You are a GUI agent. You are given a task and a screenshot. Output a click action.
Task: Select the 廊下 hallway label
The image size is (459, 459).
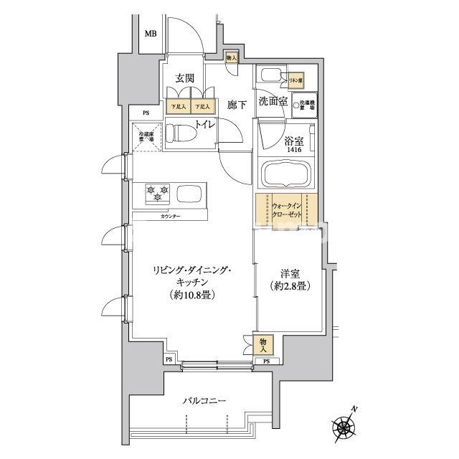pos(237,105)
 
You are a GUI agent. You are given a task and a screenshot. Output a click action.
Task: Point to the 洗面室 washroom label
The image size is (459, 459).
pos(273,102)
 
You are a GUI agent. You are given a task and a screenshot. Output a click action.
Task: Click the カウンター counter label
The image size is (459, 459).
pos(170,217)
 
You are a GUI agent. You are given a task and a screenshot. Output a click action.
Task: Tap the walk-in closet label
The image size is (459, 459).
pos(287,209)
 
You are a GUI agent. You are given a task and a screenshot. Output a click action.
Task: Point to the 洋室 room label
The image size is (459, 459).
pos(290,274)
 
